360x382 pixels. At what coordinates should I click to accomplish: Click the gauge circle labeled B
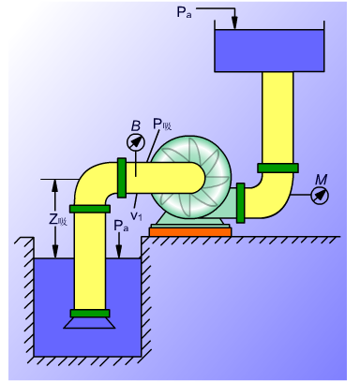pyautogui.click(x=136, y=142)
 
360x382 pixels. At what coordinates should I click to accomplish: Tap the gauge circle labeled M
pyautogui.click(x=320, y=195)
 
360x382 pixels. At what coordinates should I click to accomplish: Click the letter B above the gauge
pyautogui.click(x=136, y=126)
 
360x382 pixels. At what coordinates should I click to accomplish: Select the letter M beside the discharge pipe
pyautogui.click(x=321, y=180)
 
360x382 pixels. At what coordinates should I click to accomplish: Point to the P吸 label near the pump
pyautogui.click(x=162, y=125)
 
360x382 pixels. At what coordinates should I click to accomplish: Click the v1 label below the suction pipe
pyautogui.click(x=136, y=215)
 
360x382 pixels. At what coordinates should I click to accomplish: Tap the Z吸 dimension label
pyautogui.click(x=58, y=220)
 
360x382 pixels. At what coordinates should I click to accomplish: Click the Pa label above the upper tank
pyautogui.click(x=184, y=12)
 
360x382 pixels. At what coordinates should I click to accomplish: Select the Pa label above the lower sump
pyautogui.click(x=121, y=226)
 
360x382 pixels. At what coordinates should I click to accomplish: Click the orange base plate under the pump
pyautogui.click(x=190, y=232)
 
